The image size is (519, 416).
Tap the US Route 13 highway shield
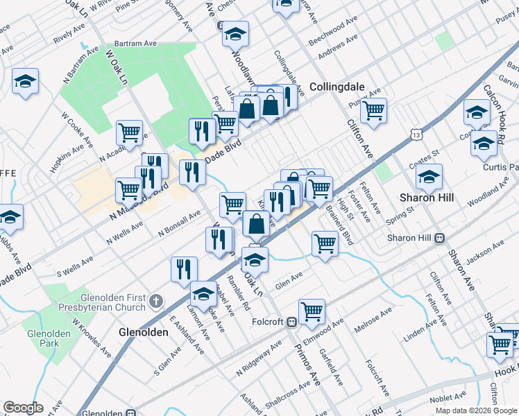pos(416,131)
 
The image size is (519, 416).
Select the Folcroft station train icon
pos(293,322)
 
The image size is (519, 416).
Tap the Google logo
pos(23,408)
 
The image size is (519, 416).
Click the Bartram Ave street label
pos(136,43)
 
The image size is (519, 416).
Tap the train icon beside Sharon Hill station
pos(439,238)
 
